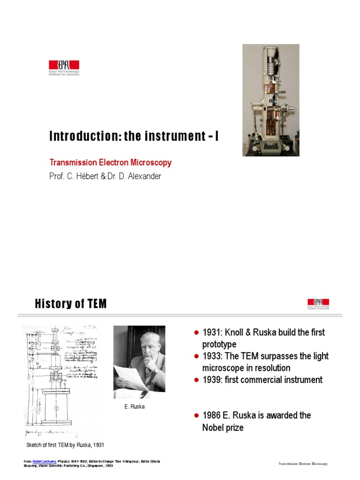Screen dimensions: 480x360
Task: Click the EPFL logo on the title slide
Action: coord(64,67)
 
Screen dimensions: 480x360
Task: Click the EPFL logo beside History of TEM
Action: coord(318,304)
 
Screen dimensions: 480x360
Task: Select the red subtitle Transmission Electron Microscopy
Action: coord(111,163)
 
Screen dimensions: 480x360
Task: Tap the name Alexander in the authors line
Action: coord(143,177)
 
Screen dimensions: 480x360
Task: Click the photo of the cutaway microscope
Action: coord(270,100)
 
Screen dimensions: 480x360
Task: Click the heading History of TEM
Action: coord(71,304)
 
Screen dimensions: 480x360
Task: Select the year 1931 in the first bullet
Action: coord(211,332)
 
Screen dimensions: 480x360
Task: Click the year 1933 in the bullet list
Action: coord(211,356)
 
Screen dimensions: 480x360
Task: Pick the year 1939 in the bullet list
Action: coord(211,380)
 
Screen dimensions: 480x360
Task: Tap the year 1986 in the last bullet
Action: coord(211,415)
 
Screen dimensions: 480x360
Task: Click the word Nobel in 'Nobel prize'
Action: coord(213,427)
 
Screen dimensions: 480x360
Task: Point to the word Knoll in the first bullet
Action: coord(233,332)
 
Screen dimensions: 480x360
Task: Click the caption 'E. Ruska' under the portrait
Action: coord(135,406)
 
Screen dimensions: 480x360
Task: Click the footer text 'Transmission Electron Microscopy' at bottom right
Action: coord(303,464)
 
